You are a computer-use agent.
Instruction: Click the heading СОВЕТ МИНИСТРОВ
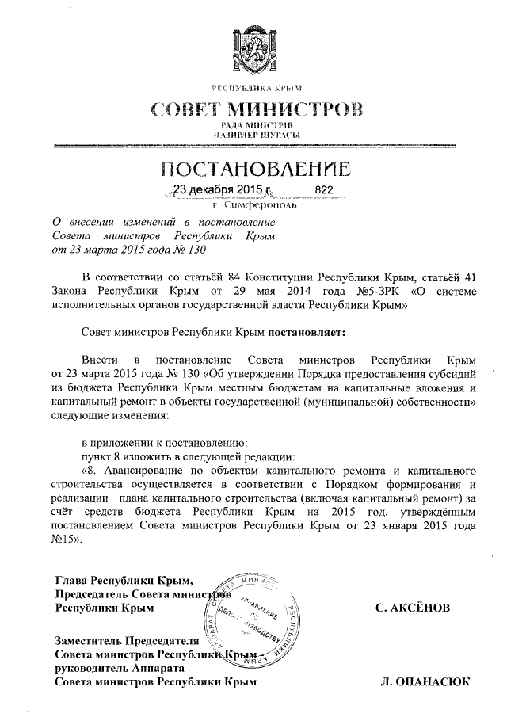click(x=253, y=109)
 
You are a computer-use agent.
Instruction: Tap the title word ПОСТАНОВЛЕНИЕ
click(x=253, y=170)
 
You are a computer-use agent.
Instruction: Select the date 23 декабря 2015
click(x=217, y=190)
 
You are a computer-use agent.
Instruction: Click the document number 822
click(x=324, y=191)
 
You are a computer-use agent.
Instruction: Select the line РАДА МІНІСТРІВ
click(x=253, y=125)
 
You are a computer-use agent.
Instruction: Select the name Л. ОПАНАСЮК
click(x=425, y=681)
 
